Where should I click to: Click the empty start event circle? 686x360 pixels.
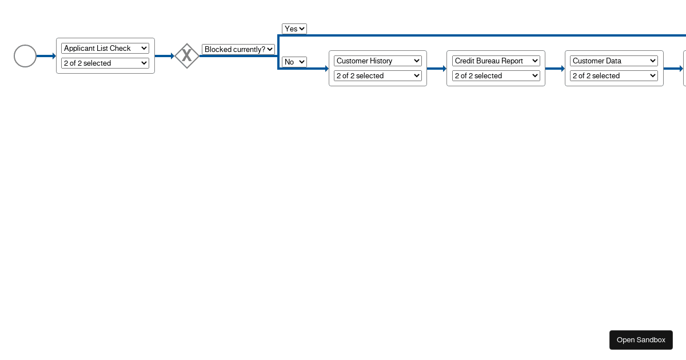[25, 56]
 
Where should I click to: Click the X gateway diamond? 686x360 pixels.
[187, 56]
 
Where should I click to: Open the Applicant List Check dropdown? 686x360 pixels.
[105, 49]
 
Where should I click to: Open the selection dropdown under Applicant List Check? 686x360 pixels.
[105, 63]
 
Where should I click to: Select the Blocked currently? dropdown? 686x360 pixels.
[238, 50]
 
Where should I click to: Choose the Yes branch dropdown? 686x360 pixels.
[294, 29]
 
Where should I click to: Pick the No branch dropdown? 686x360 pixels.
[294, 62]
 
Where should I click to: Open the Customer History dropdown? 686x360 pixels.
[378, 61]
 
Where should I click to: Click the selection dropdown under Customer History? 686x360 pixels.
[378, 76]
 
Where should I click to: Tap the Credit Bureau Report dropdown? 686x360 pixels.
[496, 61]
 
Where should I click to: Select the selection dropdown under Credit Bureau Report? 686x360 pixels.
[496, 76]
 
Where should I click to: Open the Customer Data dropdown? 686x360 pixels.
[614, 61]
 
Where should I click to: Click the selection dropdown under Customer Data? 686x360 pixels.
[614, 76]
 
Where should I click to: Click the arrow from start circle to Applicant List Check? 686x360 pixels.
[46, 56]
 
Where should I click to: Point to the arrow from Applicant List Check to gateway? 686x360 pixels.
[164, 56]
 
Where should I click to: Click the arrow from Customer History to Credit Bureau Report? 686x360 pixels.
[436, 69]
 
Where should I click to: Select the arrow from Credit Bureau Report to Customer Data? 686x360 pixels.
[555, 69]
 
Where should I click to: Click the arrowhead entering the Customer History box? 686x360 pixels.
[326, 69]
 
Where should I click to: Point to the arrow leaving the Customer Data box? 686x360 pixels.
[673, 69]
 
